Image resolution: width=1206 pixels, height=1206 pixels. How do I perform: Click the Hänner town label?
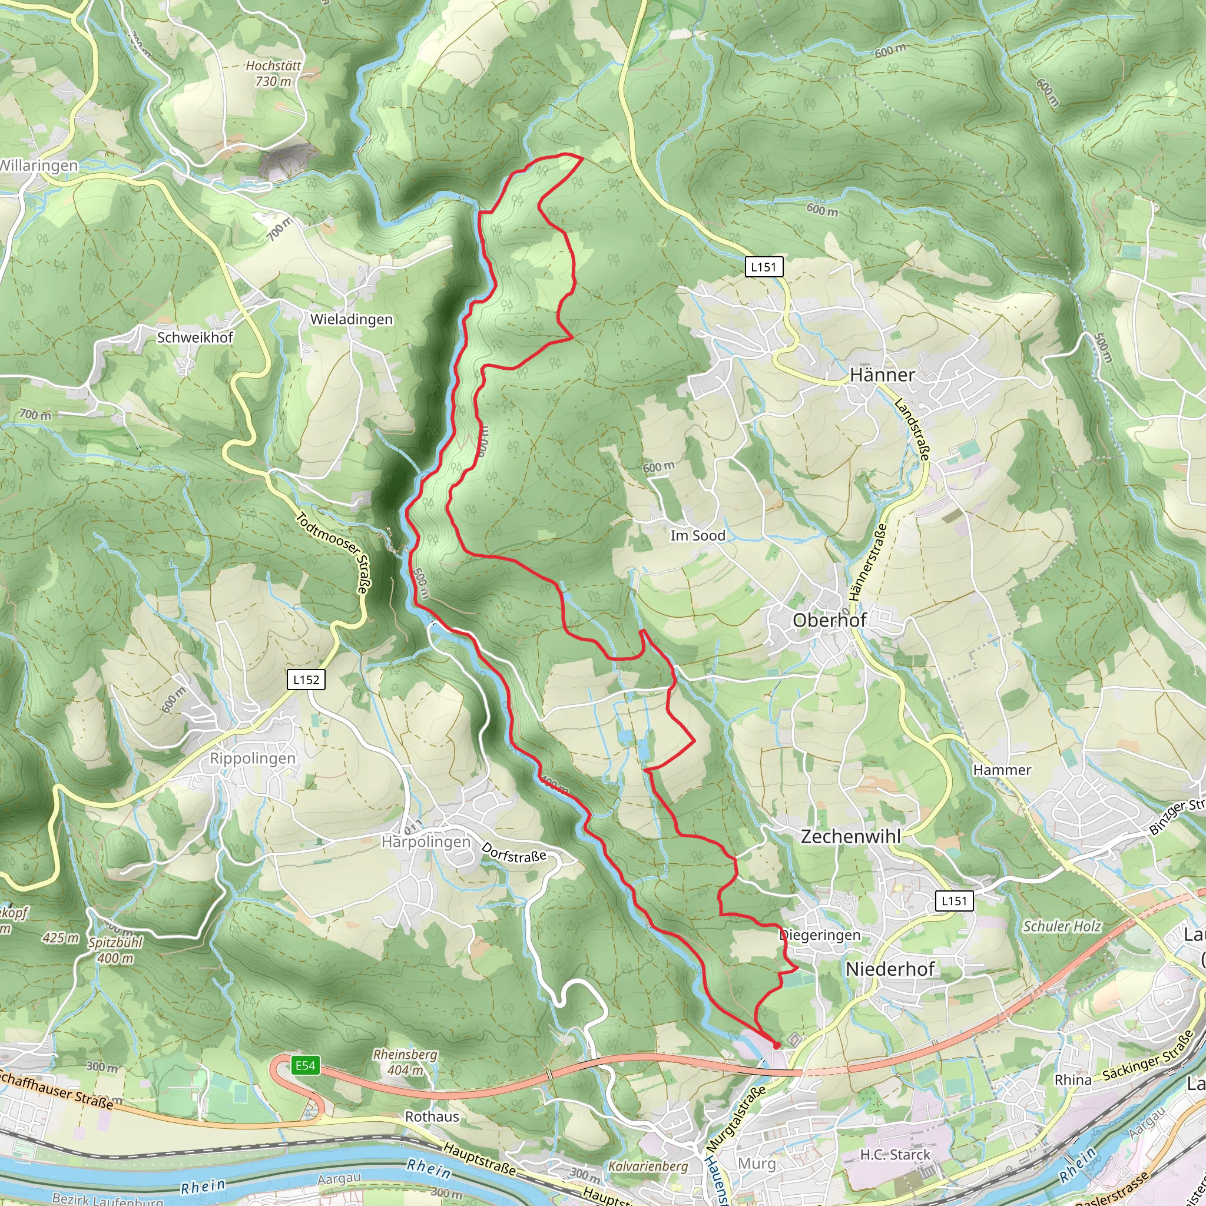pyautogui.click(x=882, y=375)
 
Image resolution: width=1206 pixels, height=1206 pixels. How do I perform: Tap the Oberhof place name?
pyautogui.click(x=829, y=620)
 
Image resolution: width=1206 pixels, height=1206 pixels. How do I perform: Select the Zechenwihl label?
pyautogui.click(x=850, y=836)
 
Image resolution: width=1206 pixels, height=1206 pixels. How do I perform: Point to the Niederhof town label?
pyautogui.click(x=890, y=969)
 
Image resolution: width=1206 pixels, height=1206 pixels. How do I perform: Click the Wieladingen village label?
pyautogui.click(x=352, y=319)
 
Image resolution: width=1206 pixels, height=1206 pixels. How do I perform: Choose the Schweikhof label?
pyautogui.click(x=195, y=337)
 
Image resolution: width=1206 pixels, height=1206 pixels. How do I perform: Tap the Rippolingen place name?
pyautogui.click(x=252, y=758)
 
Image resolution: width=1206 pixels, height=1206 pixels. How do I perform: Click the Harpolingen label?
pyautogui.click(x=426, y=842)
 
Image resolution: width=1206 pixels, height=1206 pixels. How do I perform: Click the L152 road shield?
pyautogui.click(x=306, y=680)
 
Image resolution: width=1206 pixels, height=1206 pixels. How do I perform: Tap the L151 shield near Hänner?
pyautogui.click(x=763, y=267)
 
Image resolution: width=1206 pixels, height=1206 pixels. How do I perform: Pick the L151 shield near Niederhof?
pyautogui.click(x=954, y=900)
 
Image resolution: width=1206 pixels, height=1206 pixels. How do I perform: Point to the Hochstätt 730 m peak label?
pyautogui.click(x=273, y=73)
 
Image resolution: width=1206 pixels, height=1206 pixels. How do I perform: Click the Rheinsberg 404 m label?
pyautogui.click(x=405, y=1062)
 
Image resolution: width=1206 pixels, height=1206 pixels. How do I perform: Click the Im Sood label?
pyautogui.click(x=697, y=536)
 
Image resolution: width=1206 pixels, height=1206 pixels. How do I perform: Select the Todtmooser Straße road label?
pyautogui.click(x=333, y=552)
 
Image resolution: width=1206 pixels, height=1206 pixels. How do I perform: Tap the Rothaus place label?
pyautogui.click(x=432, y=1116)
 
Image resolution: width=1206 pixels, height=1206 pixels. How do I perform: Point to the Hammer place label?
pyautogui.click(x=1002, y=770)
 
